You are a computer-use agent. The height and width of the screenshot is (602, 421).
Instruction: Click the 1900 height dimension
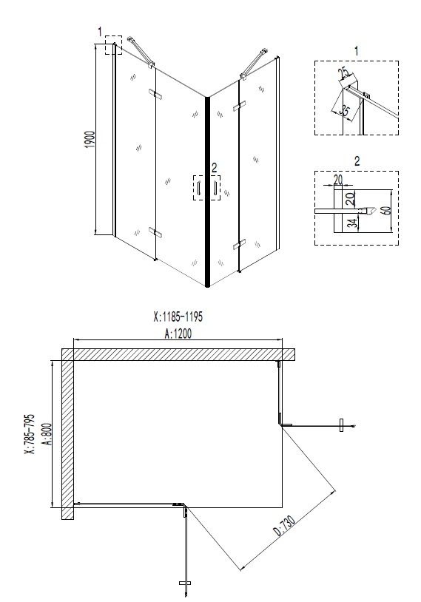coord(90,139)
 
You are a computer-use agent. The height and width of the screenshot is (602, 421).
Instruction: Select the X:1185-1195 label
coord(178,317)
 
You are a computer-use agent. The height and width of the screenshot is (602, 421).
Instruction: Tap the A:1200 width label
coord(178,334)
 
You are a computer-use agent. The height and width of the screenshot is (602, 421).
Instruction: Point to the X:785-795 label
coord(30,434)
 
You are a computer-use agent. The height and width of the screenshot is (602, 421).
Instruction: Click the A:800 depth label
coord(47,434)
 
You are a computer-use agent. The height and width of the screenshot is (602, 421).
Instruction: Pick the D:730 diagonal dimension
coord(285,525)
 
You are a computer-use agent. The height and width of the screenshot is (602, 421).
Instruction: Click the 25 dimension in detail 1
coord(343,72)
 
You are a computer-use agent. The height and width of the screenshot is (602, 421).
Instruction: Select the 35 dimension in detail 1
coord(345,111)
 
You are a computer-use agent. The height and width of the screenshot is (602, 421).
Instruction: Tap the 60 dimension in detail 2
coord(386,211)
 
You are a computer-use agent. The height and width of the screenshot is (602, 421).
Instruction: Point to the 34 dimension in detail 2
coord(352,223)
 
